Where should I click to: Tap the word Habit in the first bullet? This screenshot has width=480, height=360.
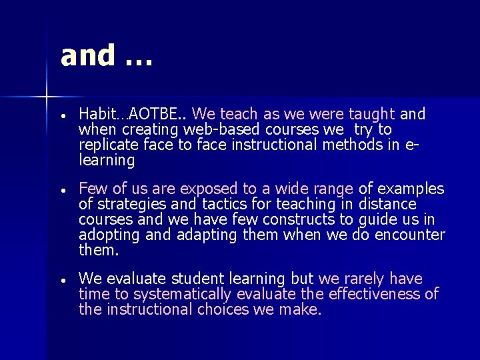point(96,114)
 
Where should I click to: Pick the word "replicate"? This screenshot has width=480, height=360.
point(109,145)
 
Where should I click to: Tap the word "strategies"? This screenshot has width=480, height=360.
point(130,204)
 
